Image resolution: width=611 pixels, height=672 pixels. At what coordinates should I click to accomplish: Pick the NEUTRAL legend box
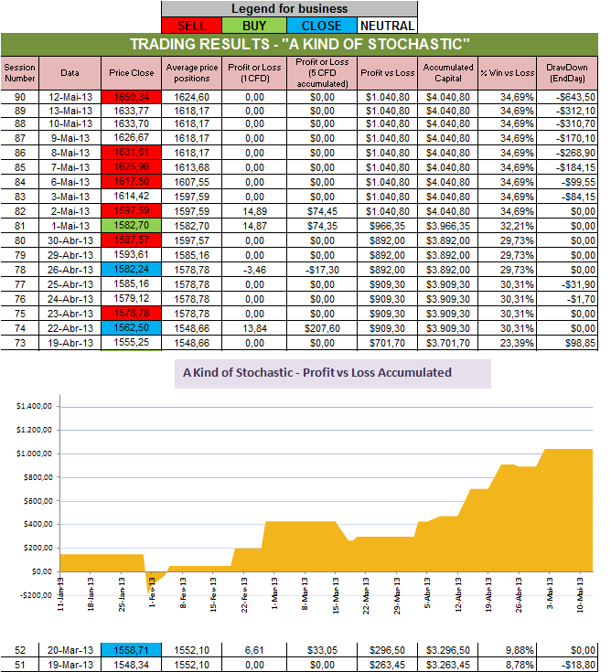(x=388, y=26)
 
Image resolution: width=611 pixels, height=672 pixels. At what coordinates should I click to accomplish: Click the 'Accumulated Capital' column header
(x=449, y=73)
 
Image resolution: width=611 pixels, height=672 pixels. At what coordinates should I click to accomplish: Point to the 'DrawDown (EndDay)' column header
(x=570, y=73)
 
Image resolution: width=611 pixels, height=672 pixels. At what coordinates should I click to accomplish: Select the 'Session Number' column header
(x=19, y=73)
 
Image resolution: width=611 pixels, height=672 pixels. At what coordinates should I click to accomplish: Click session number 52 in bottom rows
(x=18, y=648)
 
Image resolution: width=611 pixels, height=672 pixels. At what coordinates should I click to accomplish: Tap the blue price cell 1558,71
(x=132, y=648)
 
